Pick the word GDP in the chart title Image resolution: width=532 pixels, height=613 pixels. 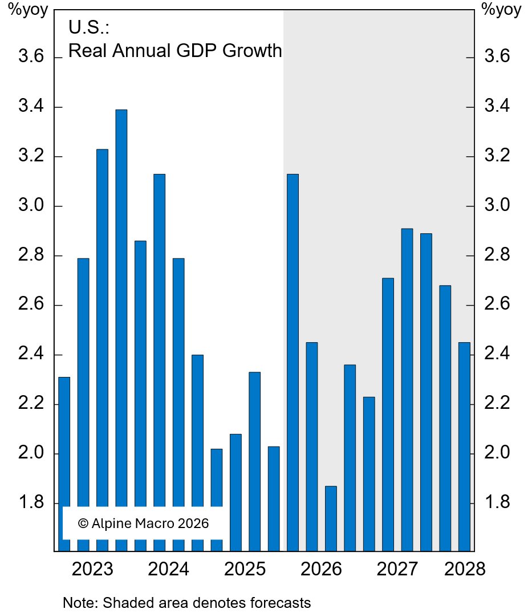[197, 51]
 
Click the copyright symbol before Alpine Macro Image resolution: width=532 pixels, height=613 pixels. [83, 523]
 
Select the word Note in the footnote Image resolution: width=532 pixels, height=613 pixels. [75, 602]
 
